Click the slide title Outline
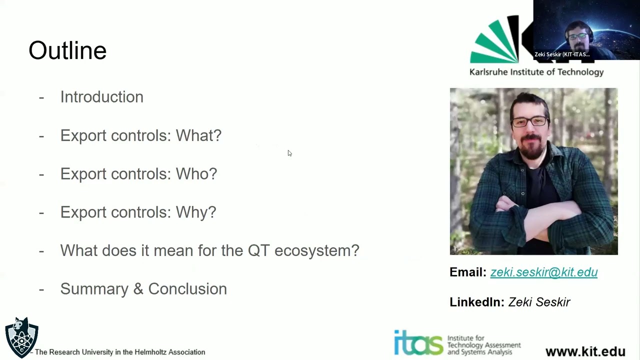click(67, 50)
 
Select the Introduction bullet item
click(101, 97)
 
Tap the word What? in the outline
click(198, 135)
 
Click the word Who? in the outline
click(196, 174)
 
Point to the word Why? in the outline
click(195, 212)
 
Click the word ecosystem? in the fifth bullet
click(316, 250)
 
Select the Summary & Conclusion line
click(143, 289)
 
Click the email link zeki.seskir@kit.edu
click(543, 272)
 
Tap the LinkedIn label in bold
click(476, 302)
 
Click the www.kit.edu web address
click(585, 351)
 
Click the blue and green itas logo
click(418, 343)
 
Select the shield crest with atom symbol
click(21, 337)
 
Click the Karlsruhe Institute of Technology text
click(536, 72)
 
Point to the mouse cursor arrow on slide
click(289, 153)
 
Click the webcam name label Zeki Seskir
click(561, 54)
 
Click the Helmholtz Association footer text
click(120, 352)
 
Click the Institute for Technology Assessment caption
click(483, 345)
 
